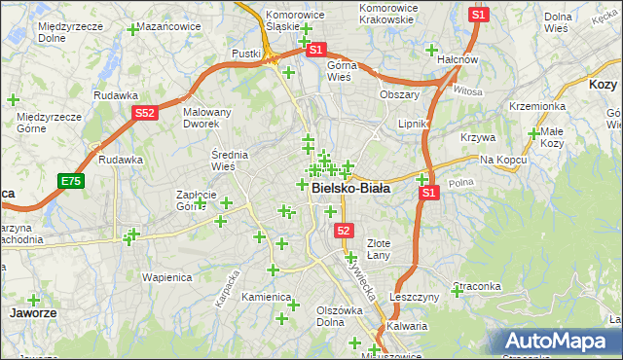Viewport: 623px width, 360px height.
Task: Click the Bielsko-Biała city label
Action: coord(350,189)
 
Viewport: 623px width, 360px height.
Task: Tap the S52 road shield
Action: coord(145,113)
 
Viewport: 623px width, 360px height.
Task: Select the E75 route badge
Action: coord(70,181)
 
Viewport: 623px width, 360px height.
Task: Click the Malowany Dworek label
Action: coord(207,118)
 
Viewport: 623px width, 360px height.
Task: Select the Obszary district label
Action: coord(399,94)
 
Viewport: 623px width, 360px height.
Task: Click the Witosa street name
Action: coord(467,90)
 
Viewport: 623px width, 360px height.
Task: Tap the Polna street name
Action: coord(461,182)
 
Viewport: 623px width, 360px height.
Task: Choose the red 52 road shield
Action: coord(344,231)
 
